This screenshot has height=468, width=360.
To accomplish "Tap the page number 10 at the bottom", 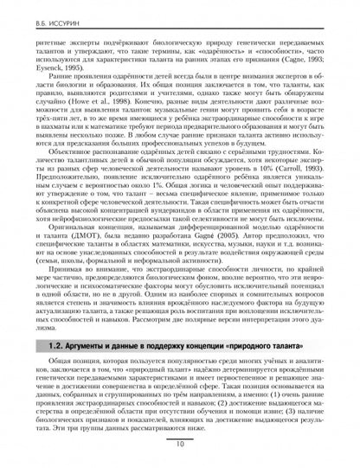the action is pyautogui.click(x=178, y=446).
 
